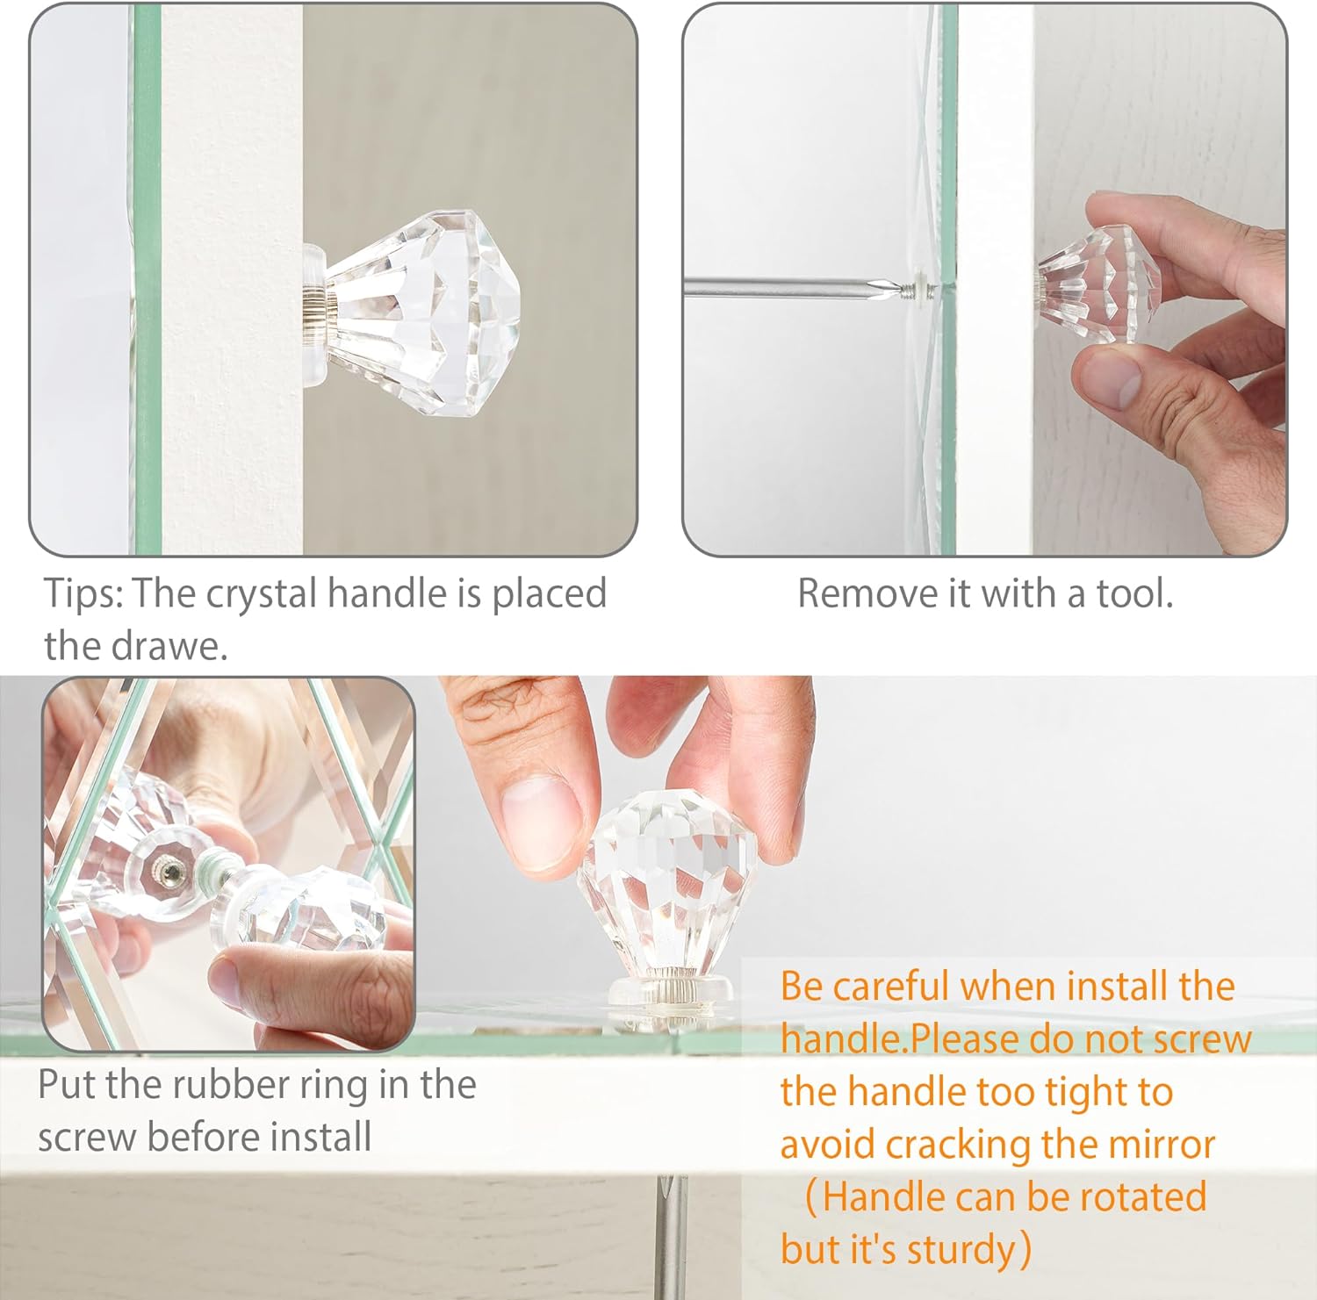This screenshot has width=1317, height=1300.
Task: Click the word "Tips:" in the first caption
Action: [83, 594]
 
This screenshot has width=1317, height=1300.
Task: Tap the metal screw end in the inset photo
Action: [169, 873]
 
